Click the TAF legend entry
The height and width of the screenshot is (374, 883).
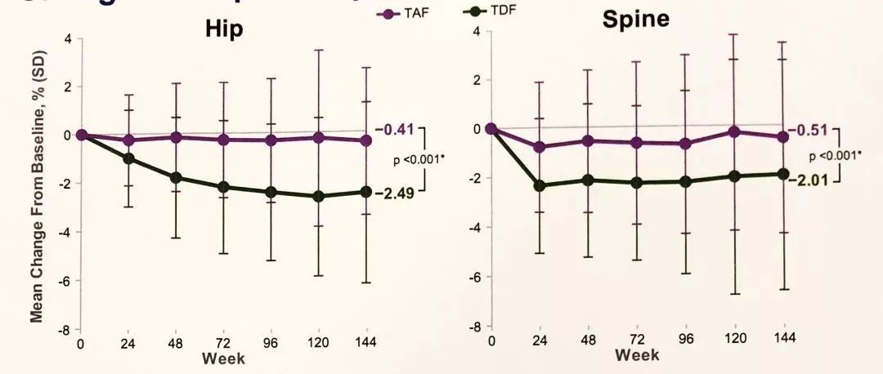coord(401,13)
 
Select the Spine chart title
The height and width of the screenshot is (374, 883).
coord(635,19)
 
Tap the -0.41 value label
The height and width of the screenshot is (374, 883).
coord(395,129)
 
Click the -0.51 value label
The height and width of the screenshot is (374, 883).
coord(808,130)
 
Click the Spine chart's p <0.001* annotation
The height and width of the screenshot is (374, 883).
coord(834,155)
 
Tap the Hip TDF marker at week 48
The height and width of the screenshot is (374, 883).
coord(175,177)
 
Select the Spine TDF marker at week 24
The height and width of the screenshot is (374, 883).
coord(539,185)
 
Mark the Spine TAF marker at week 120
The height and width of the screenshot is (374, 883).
coord(734,131)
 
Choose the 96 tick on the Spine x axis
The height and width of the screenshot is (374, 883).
coord(685,339)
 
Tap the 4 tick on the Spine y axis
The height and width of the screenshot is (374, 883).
coord(475,32)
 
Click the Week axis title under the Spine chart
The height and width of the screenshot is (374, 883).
coord(637,355)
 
